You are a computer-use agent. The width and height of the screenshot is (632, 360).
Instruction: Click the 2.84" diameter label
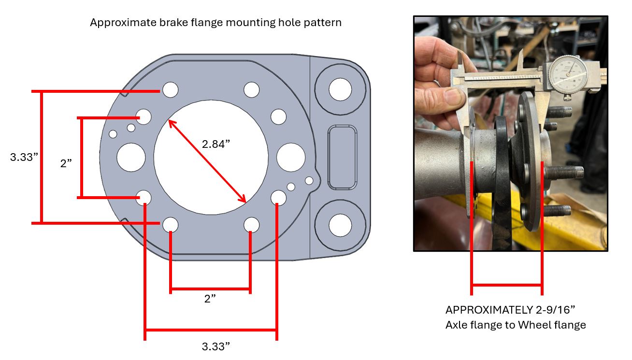[215, 144]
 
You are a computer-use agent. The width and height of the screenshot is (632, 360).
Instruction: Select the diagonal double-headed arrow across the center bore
[207, 161]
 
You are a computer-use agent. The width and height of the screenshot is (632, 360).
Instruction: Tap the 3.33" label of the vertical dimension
[24, 157]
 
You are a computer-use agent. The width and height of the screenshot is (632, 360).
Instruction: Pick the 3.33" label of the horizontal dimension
[215, 346]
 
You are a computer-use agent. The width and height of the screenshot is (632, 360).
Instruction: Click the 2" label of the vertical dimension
[66, 163]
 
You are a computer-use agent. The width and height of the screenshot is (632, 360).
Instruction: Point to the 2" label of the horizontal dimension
[210, 299]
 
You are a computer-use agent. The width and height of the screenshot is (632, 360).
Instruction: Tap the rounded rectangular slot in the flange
[342, 157]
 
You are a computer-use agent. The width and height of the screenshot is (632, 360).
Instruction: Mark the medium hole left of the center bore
[131, 157]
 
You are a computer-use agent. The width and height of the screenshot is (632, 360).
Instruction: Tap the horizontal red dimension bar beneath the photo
[506, 285]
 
